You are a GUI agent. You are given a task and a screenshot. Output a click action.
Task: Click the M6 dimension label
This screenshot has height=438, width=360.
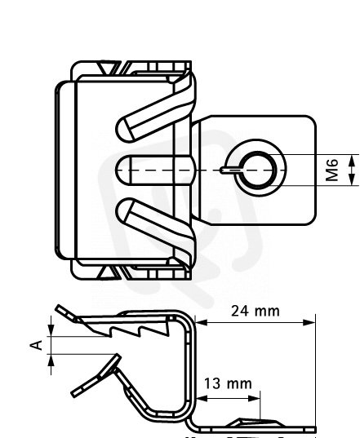point(332,170)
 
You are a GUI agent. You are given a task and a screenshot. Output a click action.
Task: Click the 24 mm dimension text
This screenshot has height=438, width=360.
point(256,311)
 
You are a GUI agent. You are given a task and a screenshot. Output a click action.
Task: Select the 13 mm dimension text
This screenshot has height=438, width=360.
point(228,383)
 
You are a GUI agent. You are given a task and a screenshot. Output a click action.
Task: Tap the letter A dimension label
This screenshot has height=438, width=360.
point(36,345)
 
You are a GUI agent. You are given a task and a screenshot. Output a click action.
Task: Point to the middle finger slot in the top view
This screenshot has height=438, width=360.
point(154,170)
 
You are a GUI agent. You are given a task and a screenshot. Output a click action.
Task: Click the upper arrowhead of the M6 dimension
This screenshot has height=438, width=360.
point(352,161)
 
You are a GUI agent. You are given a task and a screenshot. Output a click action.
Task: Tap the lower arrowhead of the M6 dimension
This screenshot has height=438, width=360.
point(352,179)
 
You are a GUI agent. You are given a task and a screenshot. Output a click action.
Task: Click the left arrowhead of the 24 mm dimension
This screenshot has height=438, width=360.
point(202,323)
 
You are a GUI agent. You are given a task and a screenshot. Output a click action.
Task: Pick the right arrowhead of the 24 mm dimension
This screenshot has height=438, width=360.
point(309,323)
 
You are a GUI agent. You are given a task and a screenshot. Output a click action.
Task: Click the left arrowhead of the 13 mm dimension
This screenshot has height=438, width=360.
point(202,399)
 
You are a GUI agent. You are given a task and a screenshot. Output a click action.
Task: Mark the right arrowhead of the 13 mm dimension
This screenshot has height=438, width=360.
point(255,399)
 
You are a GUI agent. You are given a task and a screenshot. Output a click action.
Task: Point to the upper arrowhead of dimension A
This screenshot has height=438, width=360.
point(51,330)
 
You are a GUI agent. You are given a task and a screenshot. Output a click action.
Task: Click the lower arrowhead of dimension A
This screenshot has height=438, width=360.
point(51,361)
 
